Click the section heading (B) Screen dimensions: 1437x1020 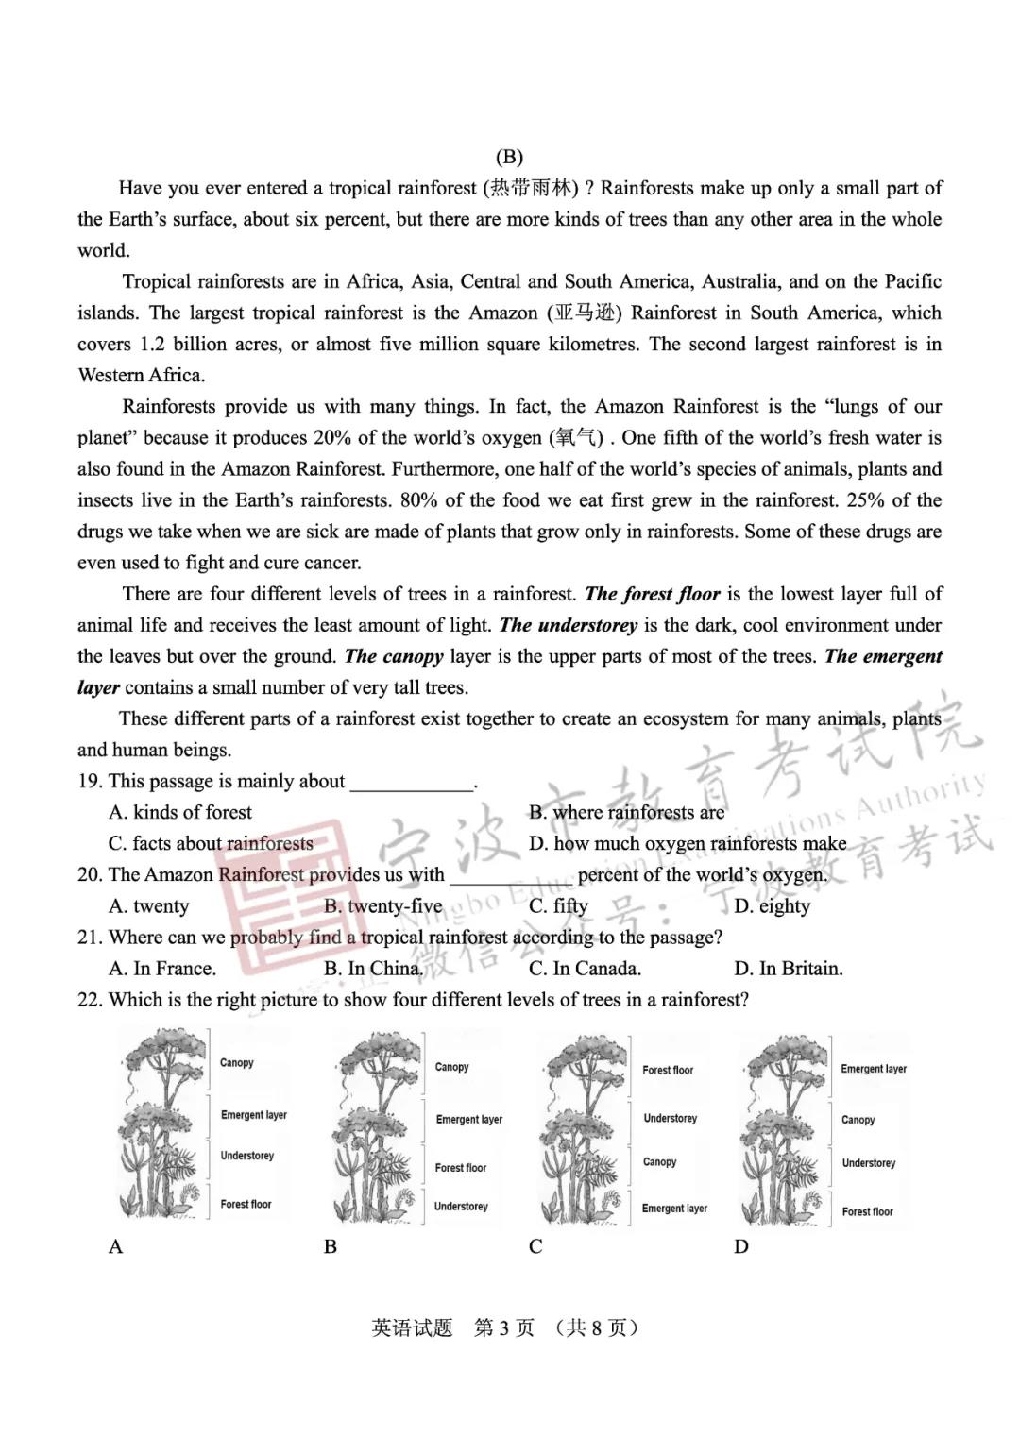[508, 157]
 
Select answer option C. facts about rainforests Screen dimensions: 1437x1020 [211, 843]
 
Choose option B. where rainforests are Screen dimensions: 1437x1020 [626, 812]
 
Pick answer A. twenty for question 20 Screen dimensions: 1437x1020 [149, 906]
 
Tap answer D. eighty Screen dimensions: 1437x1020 [772, 906]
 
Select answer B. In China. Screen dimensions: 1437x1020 [373, 969]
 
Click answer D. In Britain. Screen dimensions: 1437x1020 [788, 969]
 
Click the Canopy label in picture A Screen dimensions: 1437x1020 [237, 1063]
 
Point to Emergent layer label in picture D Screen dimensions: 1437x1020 [874, 1069]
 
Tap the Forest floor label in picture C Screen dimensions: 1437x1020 [668, 1070]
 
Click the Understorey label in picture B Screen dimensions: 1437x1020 [461, 1207]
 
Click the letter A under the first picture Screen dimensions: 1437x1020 [116, 1246]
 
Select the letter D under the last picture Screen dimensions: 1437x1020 [741, 1246]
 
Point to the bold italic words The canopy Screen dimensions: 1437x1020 [394, 656]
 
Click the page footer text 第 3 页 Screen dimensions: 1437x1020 [504, 1327]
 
